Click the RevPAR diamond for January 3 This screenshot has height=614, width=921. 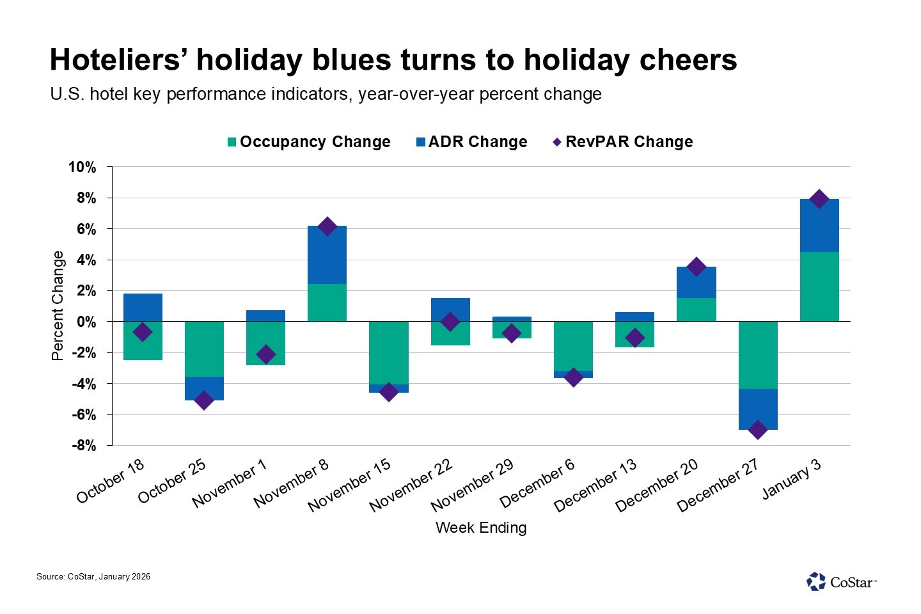pos(819,199)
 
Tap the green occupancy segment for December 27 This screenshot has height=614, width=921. pos(758,355)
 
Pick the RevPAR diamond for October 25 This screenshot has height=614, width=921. pos(204,400)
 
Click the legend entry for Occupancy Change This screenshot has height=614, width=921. pos(309,142)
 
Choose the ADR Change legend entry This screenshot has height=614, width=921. pos(472,142)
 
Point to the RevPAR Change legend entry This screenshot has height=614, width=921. pos(623,142)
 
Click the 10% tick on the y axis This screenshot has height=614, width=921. pos(83,168)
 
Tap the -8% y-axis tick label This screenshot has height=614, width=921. pos(83,446)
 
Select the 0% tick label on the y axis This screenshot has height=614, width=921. pos(86,322)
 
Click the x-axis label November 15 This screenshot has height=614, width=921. pos(350,485)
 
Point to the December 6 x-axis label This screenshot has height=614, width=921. pos(538,484)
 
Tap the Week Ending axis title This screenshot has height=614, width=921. pos(481,528)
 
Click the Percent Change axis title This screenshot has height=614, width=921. pos(58,306)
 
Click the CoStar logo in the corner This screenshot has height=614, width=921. pos(841,581)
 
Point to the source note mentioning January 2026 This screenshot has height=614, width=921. pos(93,577)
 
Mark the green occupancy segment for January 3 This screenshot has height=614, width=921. pos(819,287)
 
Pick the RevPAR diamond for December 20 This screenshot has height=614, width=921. pos(696,267)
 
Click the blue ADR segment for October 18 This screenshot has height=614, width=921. pos(143,307)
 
